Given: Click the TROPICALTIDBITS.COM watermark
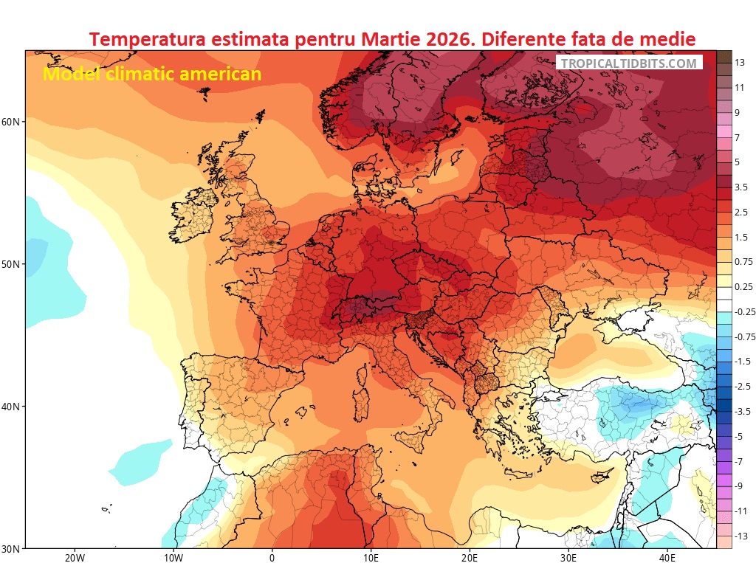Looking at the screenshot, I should tap(628, 63).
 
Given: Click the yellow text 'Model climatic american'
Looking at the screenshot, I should tap(151, 74).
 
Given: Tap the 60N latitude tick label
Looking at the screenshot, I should tap(13, 121).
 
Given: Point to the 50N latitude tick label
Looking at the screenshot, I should tap(13, 264).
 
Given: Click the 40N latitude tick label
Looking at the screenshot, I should tap(13, 407).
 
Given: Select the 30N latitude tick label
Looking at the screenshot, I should tap(13, 549).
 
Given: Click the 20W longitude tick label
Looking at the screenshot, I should tap(75, 558).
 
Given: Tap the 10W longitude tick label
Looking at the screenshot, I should tap(173, 558).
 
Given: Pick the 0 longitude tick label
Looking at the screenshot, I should tap(272, 558).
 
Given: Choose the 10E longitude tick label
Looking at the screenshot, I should tap(371, 558).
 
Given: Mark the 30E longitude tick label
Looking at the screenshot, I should tap(568, 558).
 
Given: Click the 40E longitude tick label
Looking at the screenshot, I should tap(667, 558).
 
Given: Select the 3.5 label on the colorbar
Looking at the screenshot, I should tap(741, 187).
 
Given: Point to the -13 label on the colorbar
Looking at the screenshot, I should tap(741, 536).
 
